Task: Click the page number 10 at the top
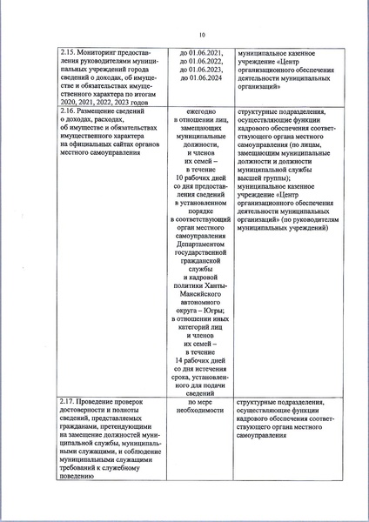coord(201,36)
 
